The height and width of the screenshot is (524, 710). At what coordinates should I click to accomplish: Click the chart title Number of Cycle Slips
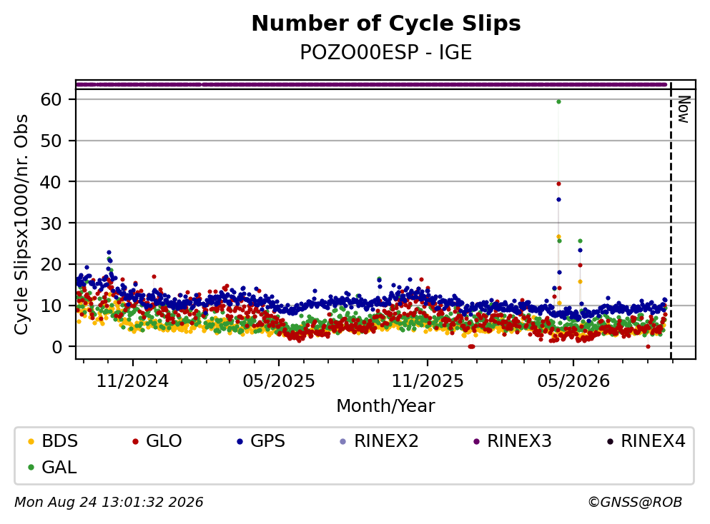(x=386, y=24)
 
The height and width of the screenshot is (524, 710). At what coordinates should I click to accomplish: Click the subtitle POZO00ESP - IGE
(x=386, y=52)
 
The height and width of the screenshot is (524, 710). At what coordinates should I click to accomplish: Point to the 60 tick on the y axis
(x=51, y=99)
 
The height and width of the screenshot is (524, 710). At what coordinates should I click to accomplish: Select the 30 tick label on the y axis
(x=51, y=223)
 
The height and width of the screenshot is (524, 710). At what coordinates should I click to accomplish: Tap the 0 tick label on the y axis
(x=56, y=347)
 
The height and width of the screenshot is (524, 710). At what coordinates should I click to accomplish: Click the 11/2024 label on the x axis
(x=132, y=381)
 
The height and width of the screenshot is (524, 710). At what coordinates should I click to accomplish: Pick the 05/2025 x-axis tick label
(x=278, y=381)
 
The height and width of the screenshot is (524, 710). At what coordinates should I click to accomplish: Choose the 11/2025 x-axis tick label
(x=428, y=381)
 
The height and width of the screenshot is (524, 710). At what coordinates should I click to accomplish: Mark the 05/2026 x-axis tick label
(x=573, y=381)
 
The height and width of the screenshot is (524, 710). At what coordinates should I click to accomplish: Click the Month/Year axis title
(x=385, y=406)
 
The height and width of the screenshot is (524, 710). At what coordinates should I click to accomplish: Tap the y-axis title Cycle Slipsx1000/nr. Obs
(x=21, y=224)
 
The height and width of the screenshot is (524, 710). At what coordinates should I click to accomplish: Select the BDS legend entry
(x=52, y=440)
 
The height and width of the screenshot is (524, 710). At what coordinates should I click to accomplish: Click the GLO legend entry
(x=157, y=440)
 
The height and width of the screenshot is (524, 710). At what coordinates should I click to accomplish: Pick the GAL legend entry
(x=52, y=467)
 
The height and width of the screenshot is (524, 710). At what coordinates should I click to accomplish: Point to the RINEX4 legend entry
(x=646, y=440)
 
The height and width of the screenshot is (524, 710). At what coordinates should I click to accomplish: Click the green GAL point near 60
(x=558, y=101)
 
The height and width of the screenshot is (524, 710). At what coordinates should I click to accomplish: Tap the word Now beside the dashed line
(x=684, y=109)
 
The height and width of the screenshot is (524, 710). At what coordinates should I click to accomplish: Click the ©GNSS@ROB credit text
(x=635, y=503)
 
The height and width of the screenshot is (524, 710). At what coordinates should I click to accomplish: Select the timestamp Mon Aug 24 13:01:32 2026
(x=109, y=503)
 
